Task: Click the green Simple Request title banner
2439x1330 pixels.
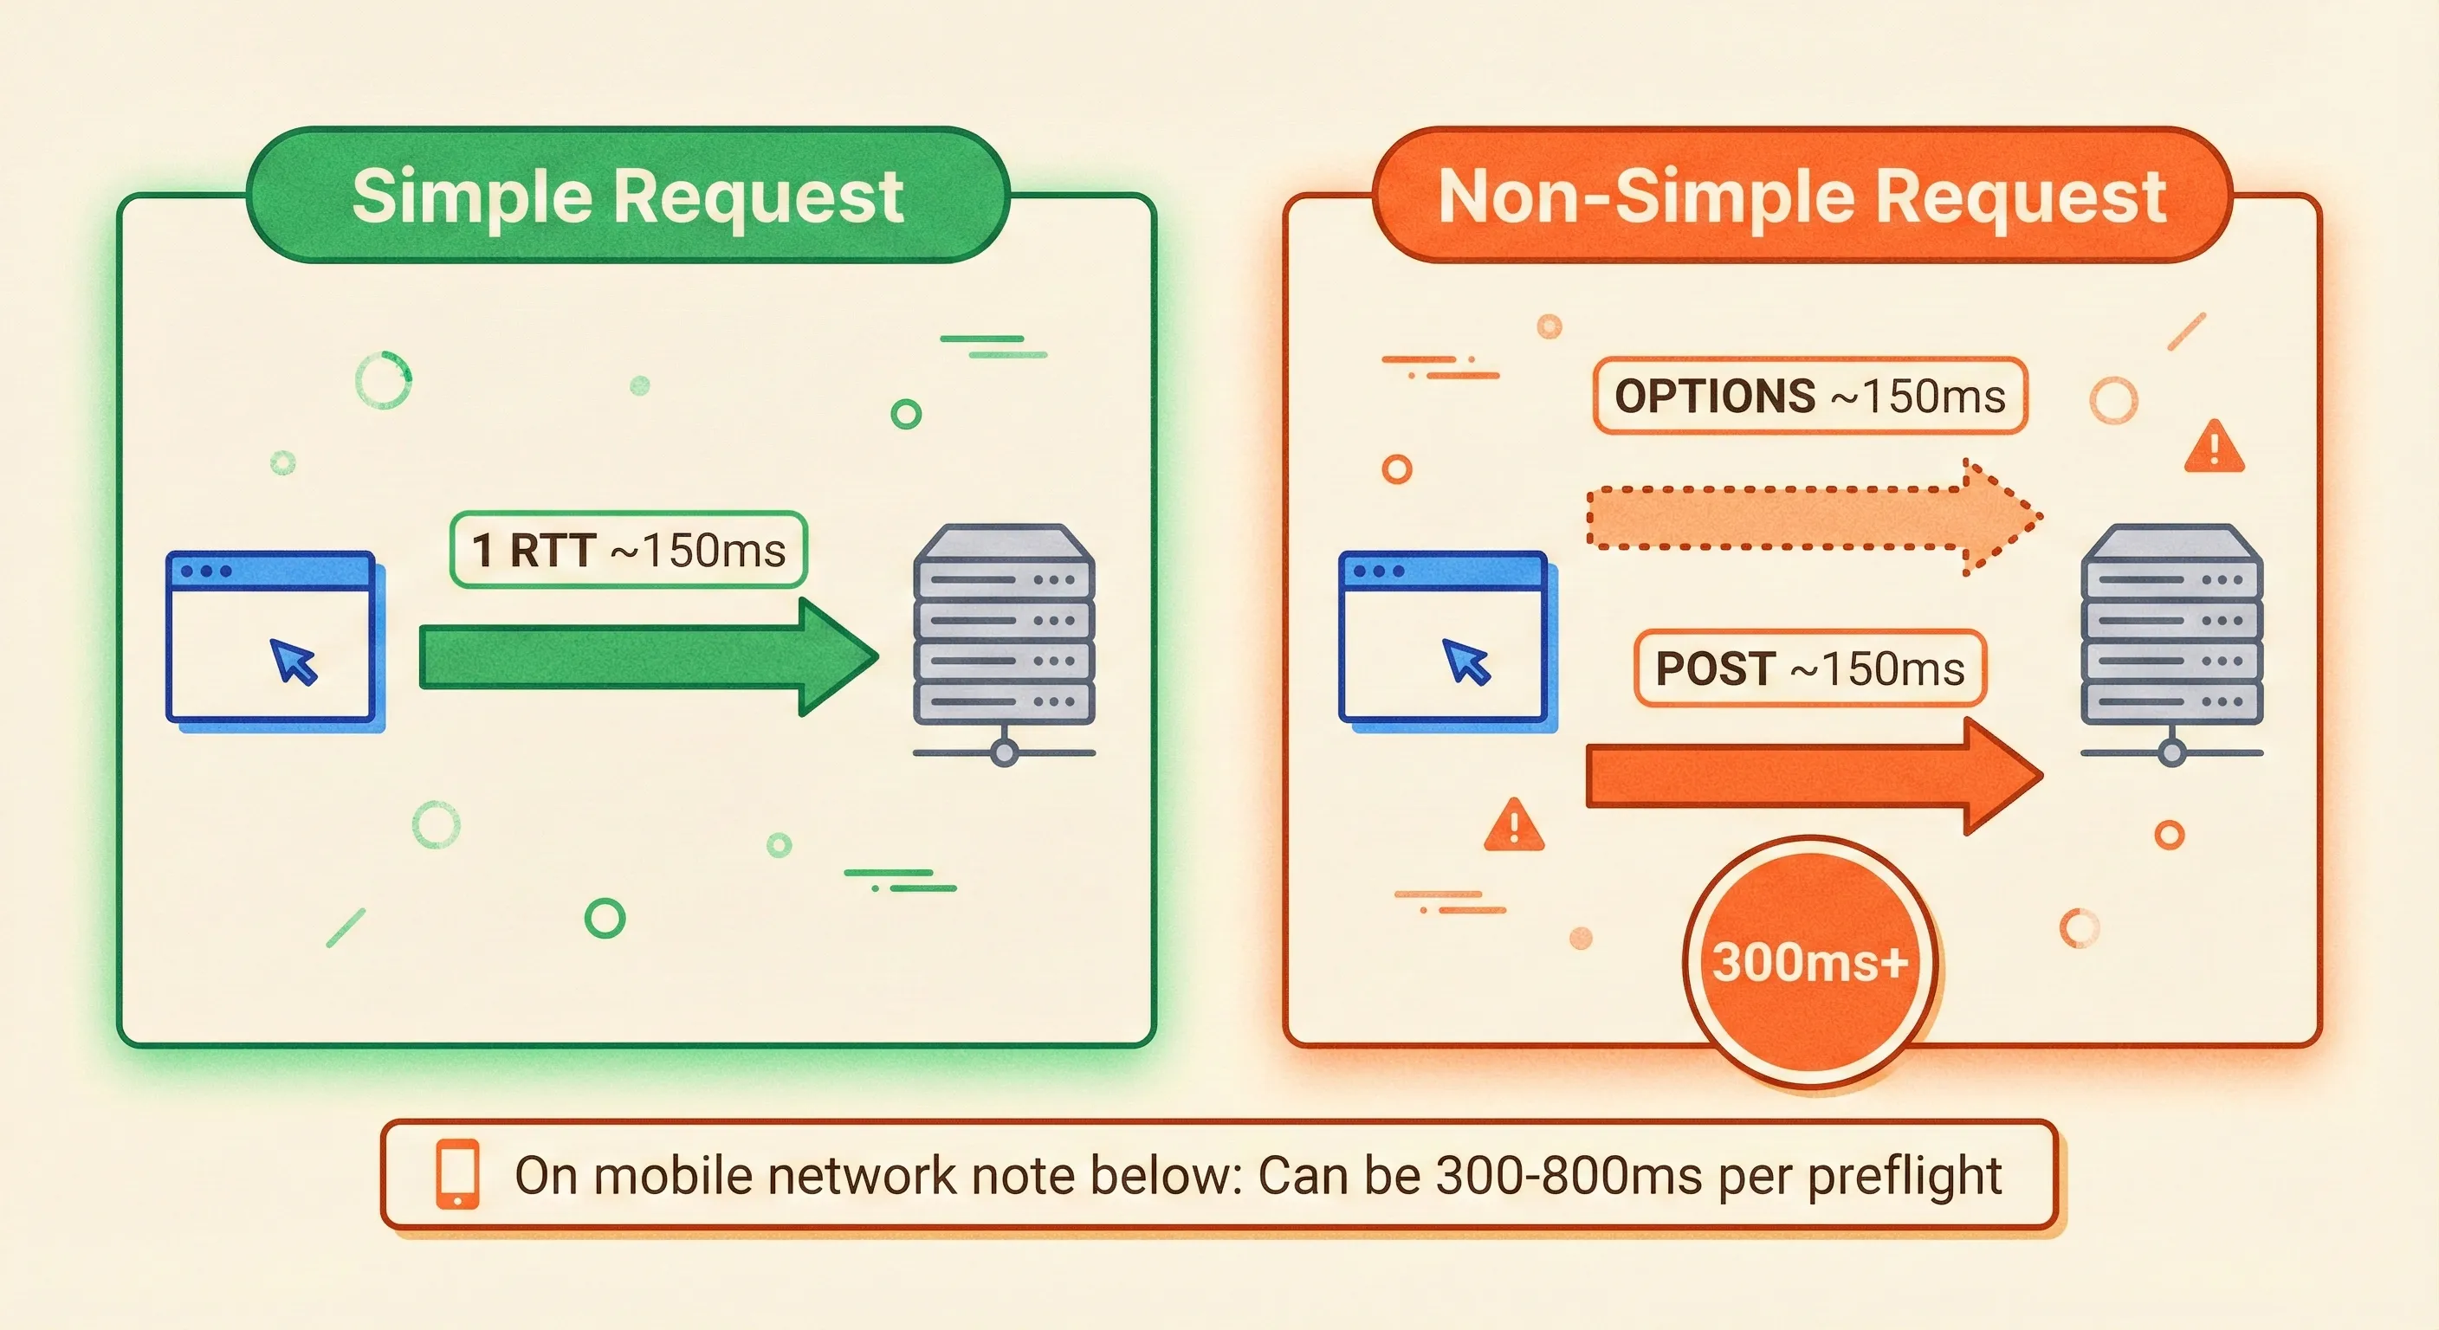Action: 627,196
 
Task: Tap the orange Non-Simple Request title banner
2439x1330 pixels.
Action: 1801,196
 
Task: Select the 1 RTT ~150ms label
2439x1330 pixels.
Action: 629,550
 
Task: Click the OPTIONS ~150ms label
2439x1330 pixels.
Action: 1809,396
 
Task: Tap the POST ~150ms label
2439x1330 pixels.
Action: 1809,668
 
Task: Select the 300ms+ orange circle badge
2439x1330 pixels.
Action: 1809,961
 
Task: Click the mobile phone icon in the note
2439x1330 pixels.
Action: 457,1174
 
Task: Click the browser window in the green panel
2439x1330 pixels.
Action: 273,639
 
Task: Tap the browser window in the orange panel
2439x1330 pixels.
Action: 1445,639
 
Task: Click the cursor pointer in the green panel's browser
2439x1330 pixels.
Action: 294,661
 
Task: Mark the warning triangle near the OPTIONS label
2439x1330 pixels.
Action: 2214,447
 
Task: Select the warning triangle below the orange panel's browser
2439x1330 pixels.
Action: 1513,825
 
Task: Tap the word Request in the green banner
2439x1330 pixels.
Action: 758,196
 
